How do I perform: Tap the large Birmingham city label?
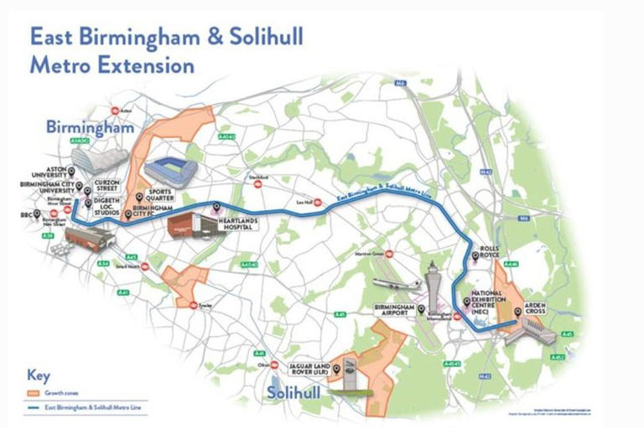coord(90,129)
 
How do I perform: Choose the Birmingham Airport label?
coord(394,311)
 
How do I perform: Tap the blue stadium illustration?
coord(171,170)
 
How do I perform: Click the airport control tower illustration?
coord(433,285)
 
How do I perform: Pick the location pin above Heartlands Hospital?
coord(216,206)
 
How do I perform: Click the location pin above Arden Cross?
coord(517,312)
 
